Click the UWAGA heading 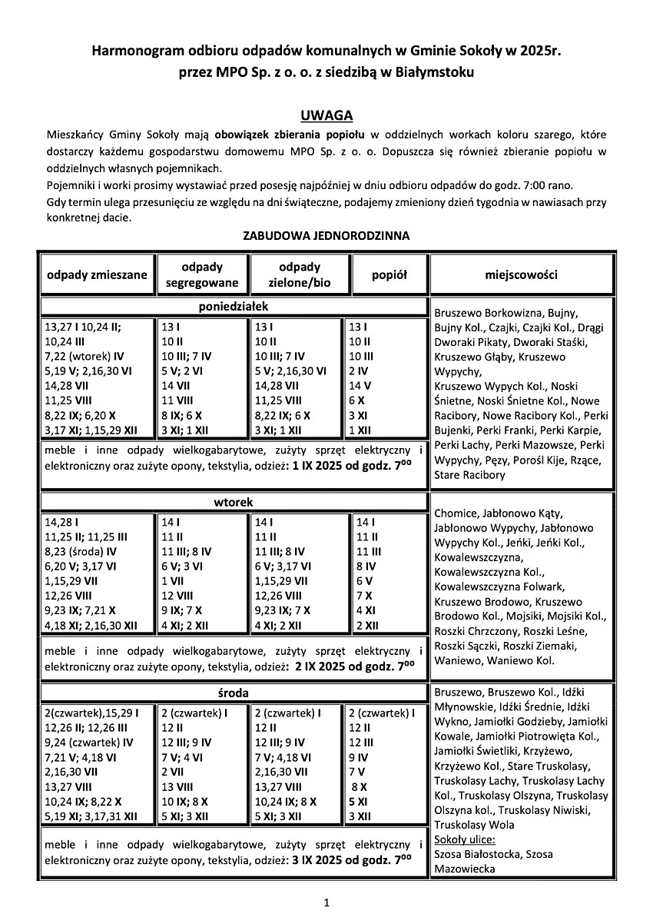pyautogui.click(x=326, y=115)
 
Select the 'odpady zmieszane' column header pyautogui.click(x=96, y=274)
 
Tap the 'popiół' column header pyautogui.click(x=389, y=274)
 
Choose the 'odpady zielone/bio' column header pyautogui.click(x=300, y=274)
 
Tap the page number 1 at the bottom pyautogui.click(x=326, y=902)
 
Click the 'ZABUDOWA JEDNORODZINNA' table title pyautogui.click(x=326, y=236)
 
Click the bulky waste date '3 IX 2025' pyautogui.click(x=323, y=853)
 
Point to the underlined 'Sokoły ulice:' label pyautogui.click(x=465, y=839)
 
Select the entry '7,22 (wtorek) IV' pyautogui.click(x=85, y=356)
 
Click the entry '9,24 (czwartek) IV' pyautogui.click(x=88, y=743)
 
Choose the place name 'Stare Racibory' pyautogui.click(x=470, y=475)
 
